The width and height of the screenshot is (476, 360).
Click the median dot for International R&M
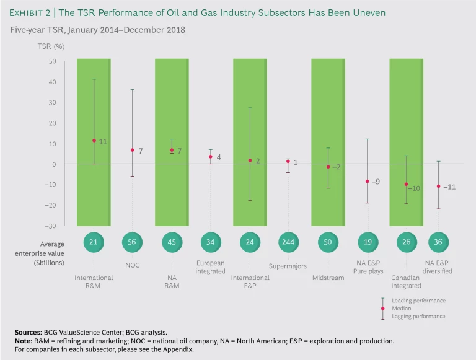pyautogui.click(x=94, y=141)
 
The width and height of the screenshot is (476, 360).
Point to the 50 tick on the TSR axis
pyautogui.click(x=52, y=61)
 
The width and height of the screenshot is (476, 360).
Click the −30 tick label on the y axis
pyautogui.click(x=50, y=226)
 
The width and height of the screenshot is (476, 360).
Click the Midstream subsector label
pyautogui.click(x=328, y=278)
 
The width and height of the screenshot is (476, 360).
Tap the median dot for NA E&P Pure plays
pyautogui.click(x=367, y=182)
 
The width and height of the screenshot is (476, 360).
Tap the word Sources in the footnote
pyautogui.click(x=30, y=333)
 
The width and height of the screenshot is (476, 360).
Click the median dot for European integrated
pyautogui.click(x=211, y=156)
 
